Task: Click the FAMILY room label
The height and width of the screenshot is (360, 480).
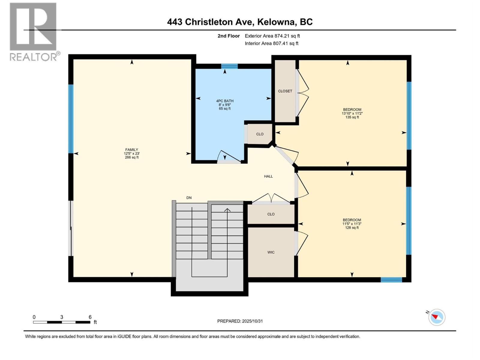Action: coord(132,150)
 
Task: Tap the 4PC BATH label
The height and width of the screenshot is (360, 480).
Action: coord(225,101)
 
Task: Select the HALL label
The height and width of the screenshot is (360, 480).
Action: coord(268,176)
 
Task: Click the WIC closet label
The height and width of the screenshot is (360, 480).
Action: coord(271,252)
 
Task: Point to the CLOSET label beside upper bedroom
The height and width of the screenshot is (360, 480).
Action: coord(285,91)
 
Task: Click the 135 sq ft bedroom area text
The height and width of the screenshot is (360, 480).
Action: coord(352,117)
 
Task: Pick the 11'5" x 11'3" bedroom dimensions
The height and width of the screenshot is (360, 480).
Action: coord(352,224)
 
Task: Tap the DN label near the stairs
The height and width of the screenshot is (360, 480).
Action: coord(189,198)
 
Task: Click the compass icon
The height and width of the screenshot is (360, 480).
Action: coord(437,317)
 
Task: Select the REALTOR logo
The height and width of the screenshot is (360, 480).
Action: coord(33,31)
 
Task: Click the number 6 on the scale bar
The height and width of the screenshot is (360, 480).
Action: coord(90,317)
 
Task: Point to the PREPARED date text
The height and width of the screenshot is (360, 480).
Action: coord(240,321)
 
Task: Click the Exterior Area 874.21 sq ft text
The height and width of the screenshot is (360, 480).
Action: coord(272,36)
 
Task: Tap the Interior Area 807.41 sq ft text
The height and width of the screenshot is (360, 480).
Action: coord(271,43)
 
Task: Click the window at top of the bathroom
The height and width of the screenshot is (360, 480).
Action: coord(229,66)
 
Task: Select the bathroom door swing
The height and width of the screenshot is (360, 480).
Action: coord(229,156)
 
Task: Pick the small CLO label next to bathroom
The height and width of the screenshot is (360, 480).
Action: coord(260,134)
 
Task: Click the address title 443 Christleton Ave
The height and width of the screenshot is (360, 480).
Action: coord(240,22)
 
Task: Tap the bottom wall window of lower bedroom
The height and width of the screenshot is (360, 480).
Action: coord(391,280)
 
